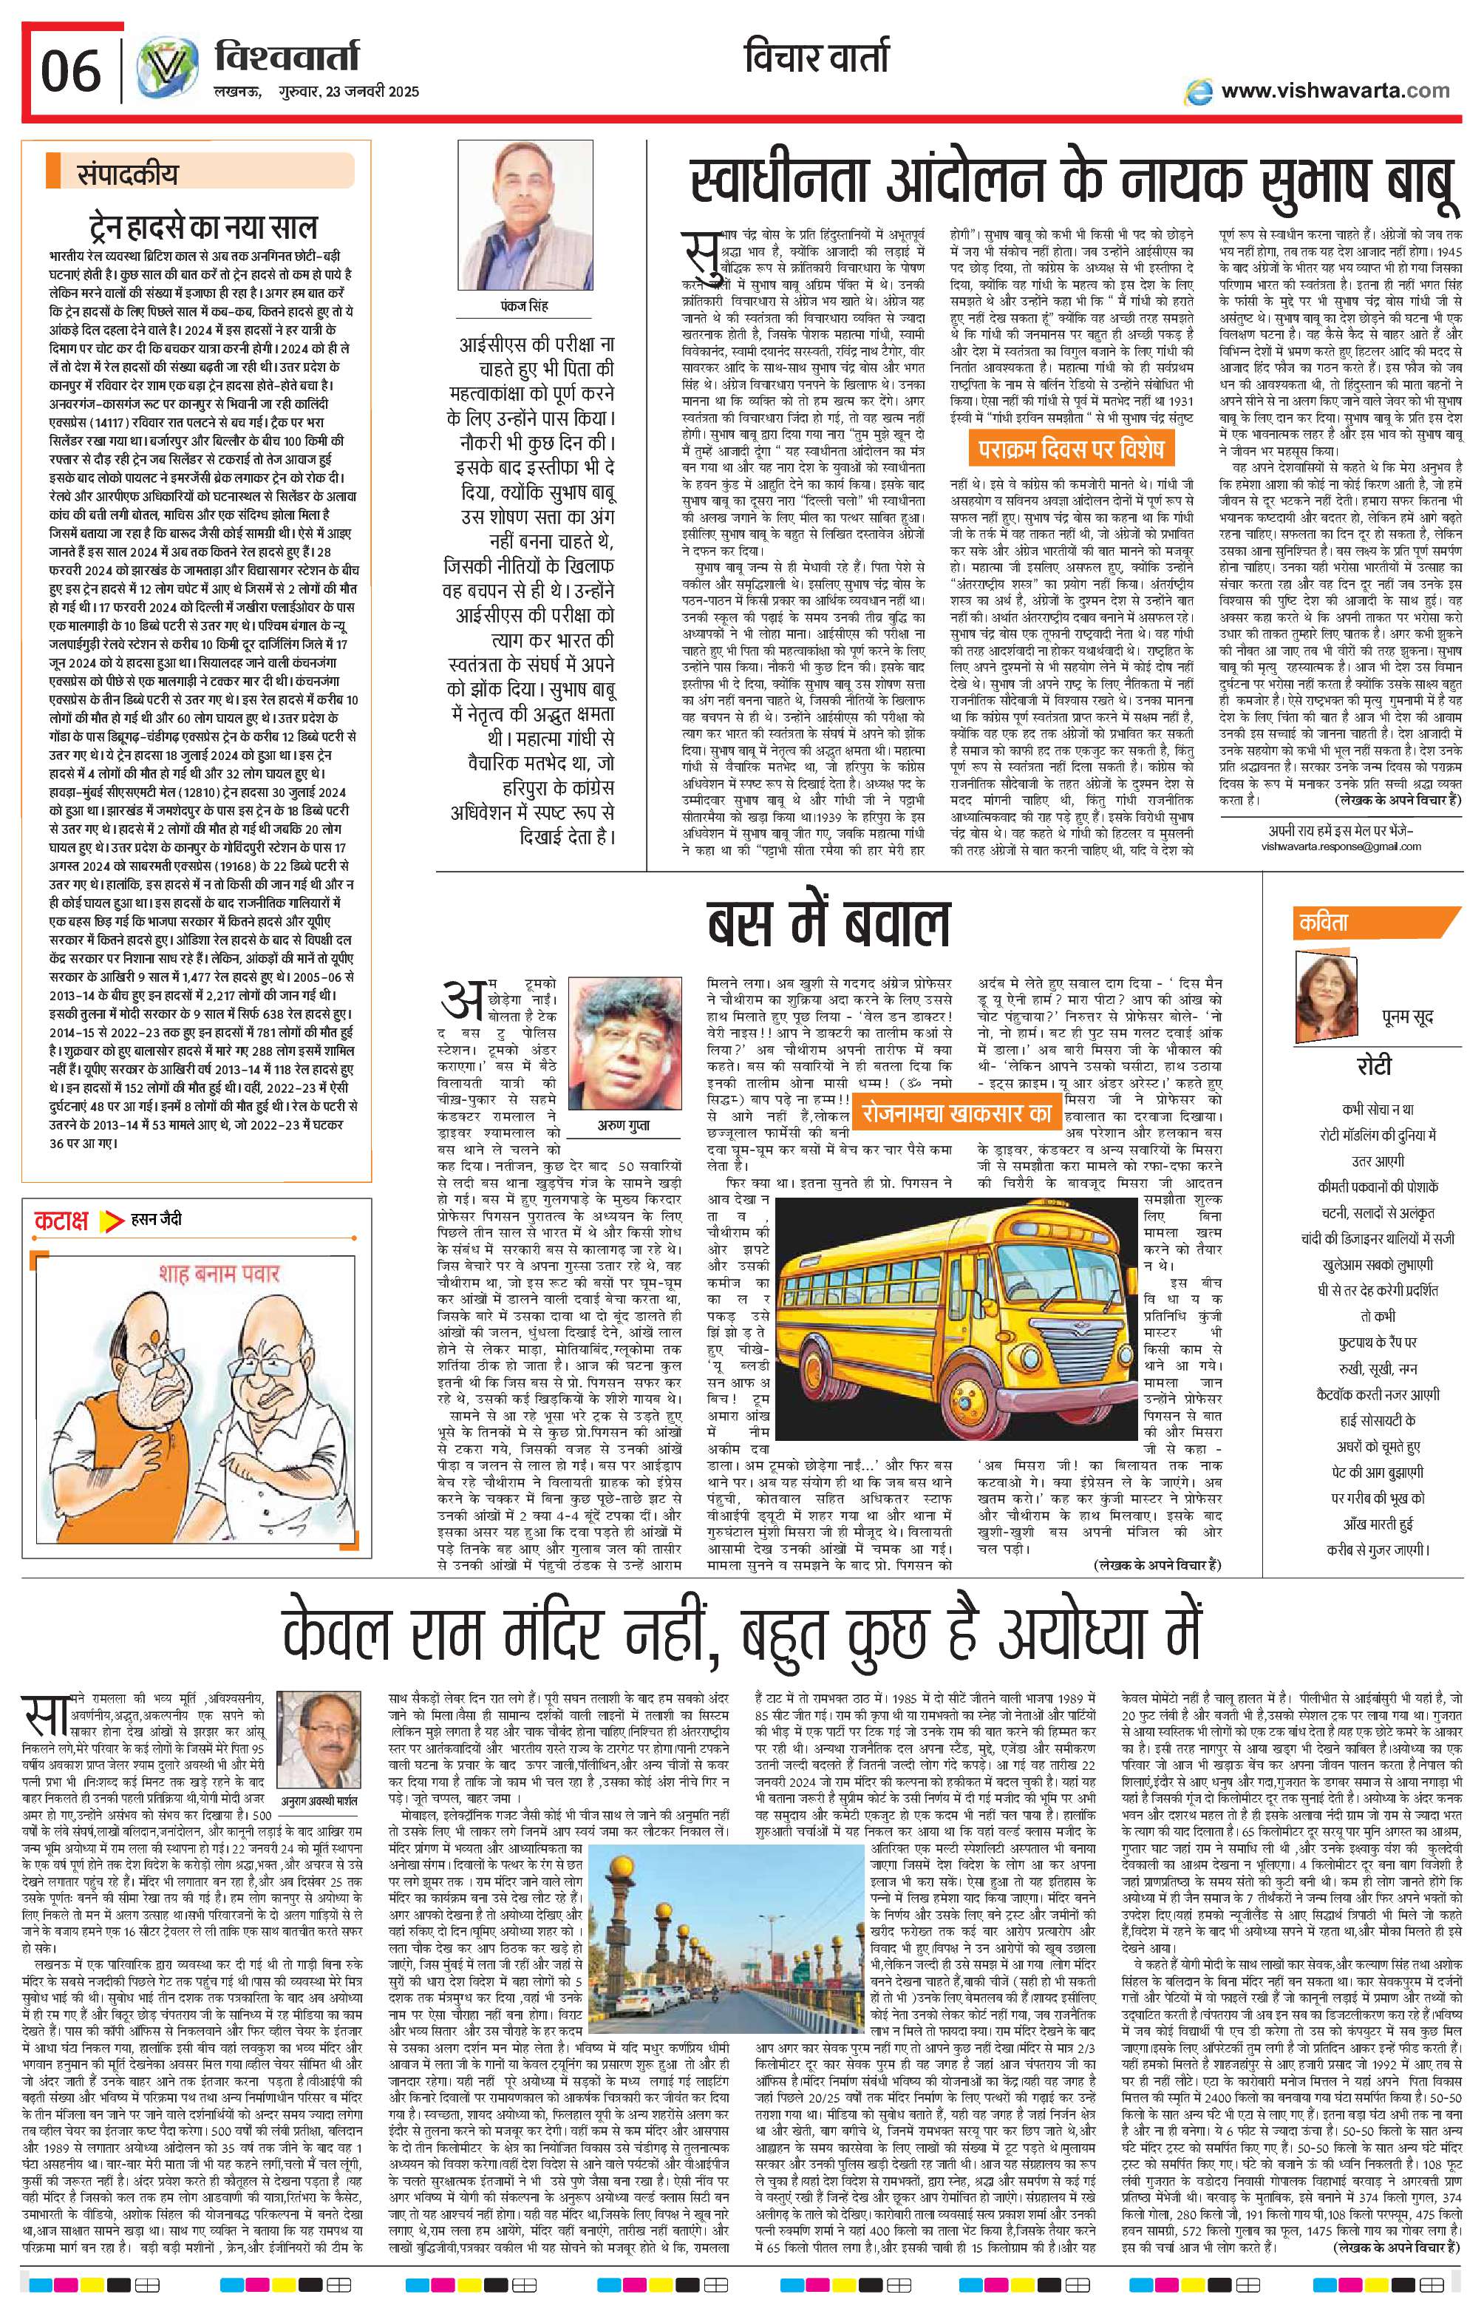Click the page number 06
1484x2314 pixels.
pos(70,73)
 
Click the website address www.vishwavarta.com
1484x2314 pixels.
pos(1335,91)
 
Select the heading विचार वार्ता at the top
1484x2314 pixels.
pos(817,61)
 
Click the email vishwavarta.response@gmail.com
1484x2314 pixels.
pos(1341,846)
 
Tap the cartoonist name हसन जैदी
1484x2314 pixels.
pos(156,1219)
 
